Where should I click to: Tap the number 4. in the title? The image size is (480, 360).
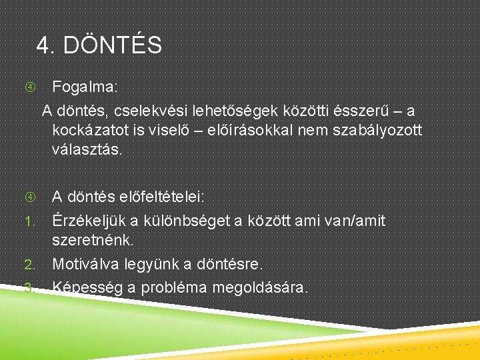[45, 45]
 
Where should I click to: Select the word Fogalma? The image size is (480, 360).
[84, 87]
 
